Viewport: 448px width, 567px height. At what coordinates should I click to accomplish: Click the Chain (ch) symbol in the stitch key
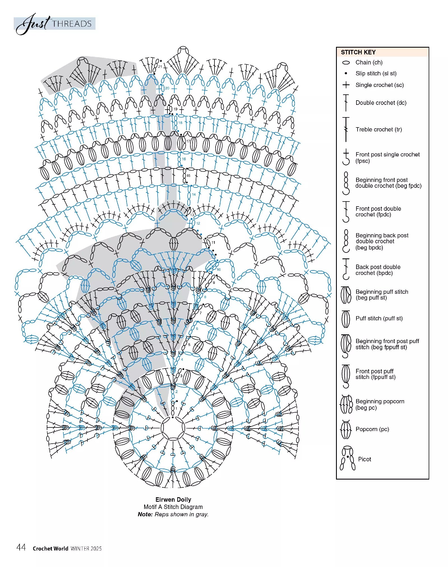[x=346, y=63]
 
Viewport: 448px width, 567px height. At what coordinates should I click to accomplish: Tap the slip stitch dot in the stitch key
[x=346, y=73]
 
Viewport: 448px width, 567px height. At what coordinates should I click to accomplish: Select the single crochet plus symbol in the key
[x=346, y=85]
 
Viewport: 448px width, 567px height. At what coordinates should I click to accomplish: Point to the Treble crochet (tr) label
[x=379, y=129]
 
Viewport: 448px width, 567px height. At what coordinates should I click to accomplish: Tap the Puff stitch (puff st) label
[x=379, y=318]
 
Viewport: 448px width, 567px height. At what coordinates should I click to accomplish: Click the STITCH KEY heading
[x=358, y=52]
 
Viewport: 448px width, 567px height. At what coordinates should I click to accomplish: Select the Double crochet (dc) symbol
[x=346, y=103]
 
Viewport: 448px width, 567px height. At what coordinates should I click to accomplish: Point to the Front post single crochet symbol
[x=346, y=157]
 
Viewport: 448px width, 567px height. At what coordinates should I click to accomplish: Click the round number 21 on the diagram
[x=160, y=67]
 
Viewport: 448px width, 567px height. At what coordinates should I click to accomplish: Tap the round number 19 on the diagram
[x=175, y=109]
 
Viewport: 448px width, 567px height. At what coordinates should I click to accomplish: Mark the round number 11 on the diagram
[x=213, y=242]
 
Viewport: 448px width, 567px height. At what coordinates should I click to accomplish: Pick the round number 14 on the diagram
[x=194, y=194]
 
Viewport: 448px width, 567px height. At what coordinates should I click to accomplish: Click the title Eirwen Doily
[x=173, y=499]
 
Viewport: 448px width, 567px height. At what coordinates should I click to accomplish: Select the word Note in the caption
[x=145, y=514]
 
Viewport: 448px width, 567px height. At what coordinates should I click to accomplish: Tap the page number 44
[x=21, y=547]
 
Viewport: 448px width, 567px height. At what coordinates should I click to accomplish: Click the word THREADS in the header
[x=72, y=24]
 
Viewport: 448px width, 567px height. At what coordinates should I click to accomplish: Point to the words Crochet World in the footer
[x=50, y=549]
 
